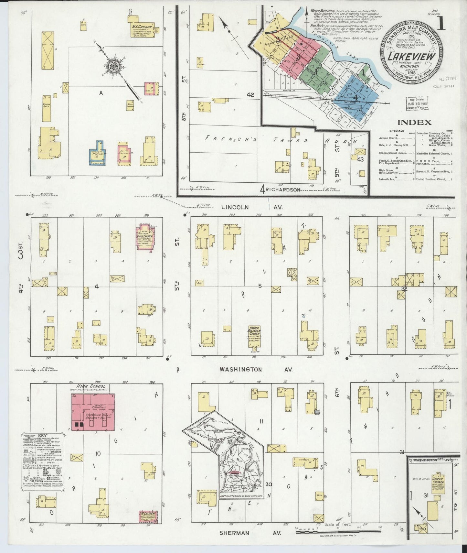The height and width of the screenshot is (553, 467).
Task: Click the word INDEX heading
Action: pos(414,122)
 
